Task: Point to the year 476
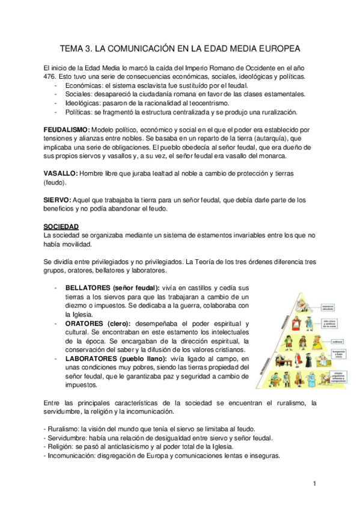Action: (43, 77)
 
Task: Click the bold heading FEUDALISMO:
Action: (67, 130)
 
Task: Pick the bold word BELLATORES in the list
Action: (88, 287)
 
